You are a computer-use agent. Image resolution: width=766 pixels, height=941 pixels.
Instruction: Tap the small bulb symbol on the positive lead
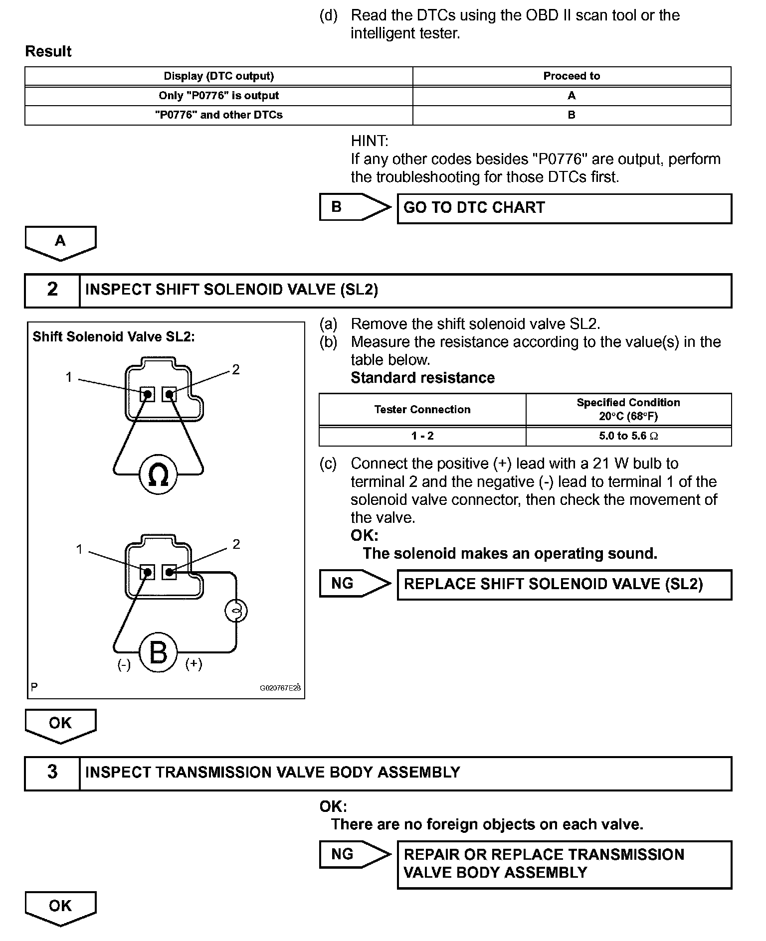click(x=236, y=611)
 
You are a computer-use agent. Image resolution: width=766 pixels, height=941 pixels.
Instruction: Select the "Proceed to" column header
click(x=572, y=76)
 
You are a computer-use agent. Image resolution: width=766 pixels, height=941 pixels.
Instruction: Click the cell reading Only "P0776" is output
click(x=218, y=96)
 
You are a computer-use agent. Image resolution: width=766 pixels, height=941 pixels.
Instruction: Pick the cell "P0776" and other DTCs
click(x=218, y=115)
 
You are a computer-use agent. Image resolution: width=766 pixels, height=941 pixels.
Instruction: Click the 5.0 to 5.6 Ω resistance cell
click(x=628, y=436)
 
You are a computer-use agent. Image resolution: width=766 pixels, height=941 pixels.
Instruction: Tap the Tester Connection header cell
click(x=422, y=410)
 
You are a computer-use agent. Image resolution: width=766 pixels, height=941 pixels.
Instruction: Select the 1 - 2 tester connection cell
click(x=422, y=436)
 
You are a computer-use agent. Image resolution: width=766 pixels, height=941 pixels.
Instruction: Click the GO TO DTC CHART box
click(x=564, y=208)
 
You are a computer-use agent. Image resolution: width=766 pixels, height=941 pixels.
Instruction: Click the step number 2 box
click(x=52, y=290)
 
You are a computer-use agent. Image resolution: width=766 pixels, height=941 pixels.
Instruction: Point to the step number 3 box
click(x=52, y=772)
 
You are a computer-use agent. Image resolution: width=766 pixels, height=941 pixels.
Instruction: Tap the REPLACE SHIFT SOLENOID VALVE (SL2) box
click(x=564, y=584)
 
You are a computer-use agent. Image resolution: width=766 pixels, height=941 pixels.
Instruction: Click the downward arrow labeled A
click(x=60, y=242)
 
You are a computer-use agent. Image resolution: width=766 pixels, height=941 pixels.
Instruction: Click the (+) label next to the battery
click(x=193, y=664)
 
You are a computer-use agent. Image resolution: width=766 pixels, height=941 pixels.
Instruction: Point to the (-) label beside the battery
click(x=124, y=665)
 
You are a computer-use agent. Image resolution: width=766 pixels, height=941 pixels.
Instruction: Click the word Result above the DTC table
click(x=48, y=51)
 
